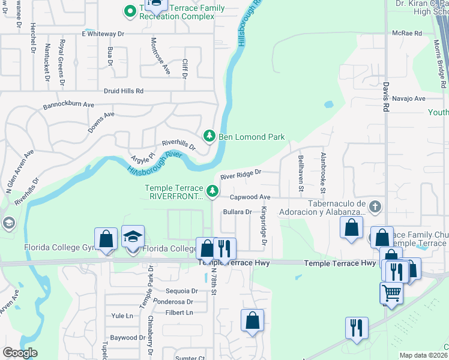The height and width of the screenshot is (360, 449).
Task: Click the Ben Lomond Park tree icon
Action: pos(209,137)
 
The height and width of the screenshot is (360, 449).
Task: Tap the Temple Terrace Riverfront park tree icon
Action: pos(212,191)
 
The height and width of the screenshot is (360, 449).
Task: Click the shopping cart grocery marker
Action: pos(391,294)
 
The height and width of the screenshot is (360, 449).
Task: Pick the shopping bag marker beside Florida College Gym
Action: pos(106,239)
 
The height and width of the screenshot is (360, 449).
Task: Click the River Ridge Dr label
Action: pos(241,175)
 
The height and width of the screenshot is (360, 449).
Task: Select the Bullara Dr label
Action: pos(237,212)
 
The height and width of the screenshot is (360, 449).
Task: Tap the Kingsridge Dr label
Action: pos(263,226)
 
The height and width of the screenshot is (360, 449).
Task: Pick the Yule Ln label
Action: pos(122,316)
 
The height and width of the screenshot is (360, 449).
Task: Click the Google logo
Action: pos(20,353)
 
